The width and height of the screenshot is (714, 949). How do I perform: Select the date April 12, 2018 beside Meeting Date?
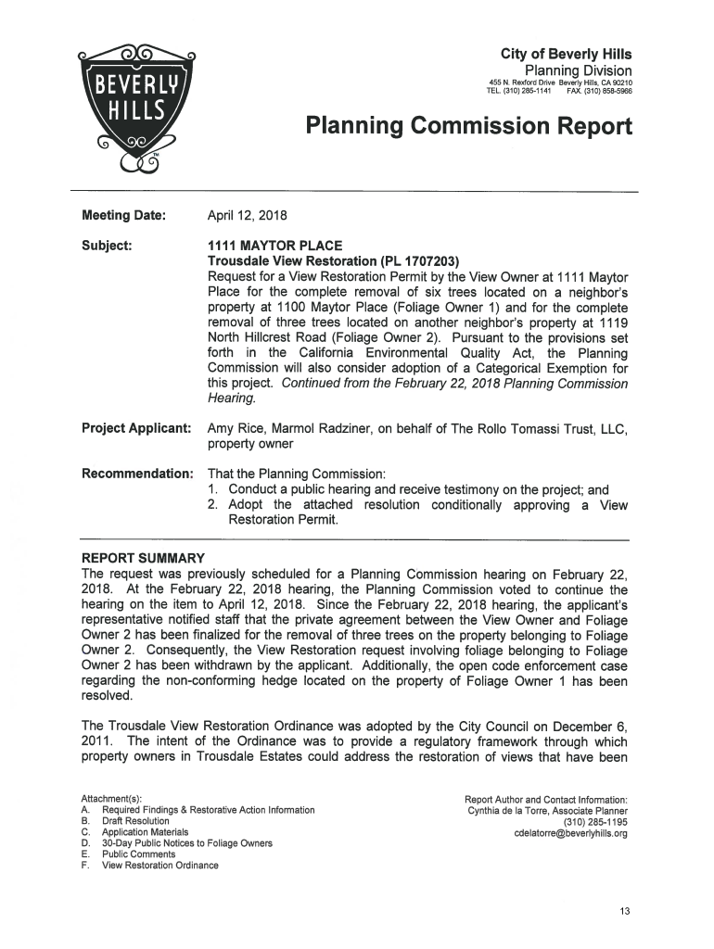(248, 216)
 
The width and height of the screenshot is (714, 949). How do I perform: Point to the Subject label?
(107, 246)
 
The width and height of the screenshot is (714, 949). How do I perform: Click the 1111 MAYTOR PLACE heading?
(275, 246)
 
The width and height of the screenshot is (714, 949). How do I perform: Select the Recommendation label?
(137, 474)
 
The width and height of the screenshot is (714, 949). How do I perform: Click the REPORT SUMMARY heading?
(143, 558)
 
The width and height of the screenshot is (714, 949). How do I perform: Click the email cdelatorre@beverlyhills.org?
(570, 832)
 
